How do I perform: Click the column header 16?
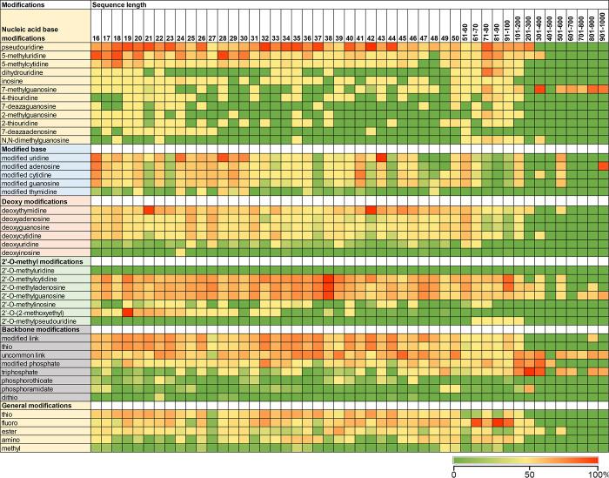pos(96,38)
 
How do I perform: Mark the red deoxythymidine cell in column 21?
pos(149,209)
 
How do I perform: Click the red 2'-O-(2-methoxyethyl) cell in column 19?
pos(128,312)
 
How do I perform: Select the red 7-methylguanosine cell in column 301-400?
pos(539,89)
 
